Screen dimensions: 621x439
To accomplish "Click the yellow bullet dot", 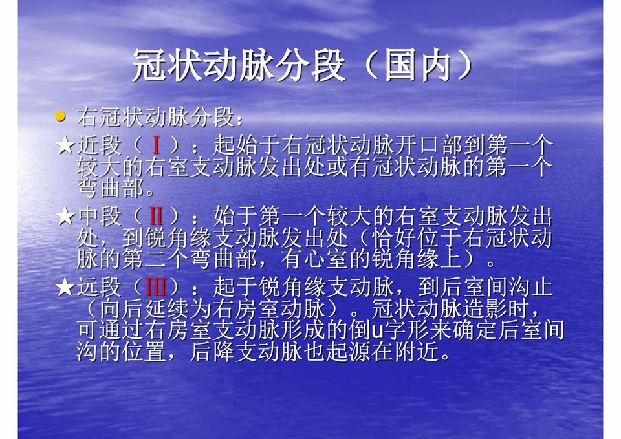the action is [60, 117].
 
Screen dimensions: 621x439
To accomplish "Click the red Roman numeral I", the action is [156, 145].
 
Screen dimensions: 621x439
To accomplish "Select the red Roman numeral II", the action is [156, 216].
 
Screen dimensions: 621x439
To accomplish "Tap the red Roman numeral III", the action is [156, 287].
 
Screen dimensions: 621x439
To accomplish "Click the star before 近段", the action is [65, 145].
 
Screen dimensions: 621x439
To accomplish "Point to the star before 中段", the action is [65, 216].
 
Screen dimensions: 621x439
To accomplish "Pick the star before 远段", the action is [65, 287].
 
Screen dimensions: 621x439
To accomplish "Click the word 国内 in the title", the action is [418, 65].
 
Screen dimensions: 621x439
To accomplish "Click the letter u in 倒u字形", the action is [378, 332].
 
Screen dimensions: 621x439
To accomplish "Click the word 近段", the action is [99, 145].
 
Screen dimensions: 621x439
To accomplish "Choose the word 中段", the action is [99, 216].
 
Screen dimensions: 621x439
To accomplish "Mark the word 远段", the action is [99, 287].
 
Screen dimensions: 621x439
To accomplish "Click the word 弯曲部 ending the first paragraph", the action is [110, 188].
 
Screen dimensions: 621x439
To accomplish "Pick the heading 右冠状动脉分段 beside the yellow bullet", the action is [156, 118].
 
